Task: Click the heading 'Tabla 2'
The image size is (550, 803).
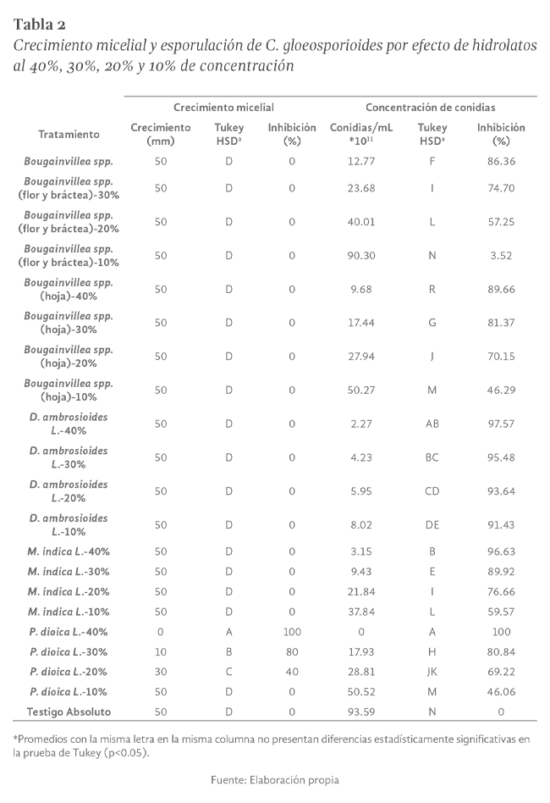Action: pos(41,22)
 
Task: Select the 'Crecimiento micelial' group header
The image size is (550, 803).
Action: pos(223,108)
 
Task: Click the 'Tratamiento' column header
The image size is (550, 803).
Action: pos(69,134)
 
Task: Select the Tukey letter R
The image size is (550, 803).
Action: pos(432,289)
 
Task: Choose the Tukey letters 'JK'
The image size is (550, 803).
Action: pos(432,672)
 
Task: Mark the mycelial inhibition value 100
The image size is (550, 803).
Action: pos(291,632)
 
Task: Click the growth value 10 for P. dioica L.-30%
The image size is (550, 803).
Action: pos(161,651)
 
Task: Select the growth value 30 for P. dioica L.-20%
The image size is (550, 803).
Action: pos(161,672)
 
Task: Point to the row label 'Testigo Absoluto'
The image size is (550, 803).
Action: pos(69,712)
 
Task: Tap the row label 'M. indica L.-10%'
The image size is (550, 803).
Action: pos(69,612)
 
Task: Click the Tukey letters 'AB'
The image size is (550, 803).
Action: pos(432,424)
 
